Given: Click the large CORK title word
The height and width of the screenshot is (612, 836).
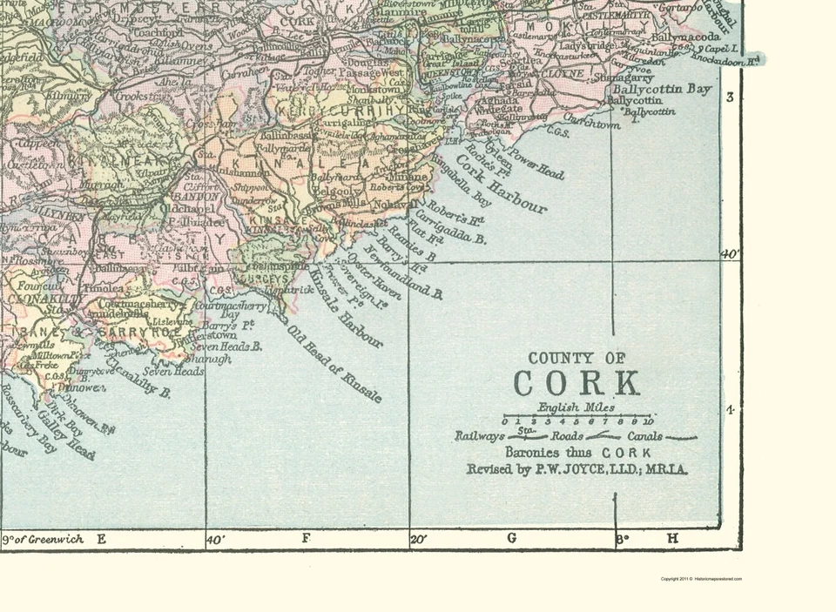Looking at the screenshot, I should click(576, 384).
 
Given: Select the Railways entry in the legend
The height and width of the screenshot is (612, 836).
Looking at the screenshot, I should click(480, 436).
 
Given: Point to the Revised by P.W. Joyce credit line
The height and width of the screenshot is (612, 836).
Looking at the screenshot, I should click(577, 470).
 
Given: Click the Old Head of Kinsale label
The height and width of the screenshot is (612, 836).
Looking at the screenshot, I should click(334, 364).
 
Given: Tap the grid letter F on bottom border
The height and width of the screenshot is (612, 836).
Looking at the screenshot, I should click(306, 539).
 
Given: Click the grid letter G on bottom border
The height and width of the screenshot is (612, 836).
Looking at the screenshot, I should click(511, 539).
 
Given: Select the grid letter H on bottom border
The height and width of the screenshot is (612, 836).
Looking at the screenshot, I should click(671, 539).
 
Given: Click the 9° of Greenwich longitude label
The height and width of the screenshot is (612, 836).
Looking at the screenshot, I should click(44, 539).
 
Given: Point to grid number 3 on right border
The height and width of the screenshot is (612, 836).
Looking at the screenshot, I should click(731, 97).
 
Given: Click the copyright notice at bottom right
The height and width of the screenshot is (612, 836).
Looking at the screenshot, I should click(701, 579).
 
